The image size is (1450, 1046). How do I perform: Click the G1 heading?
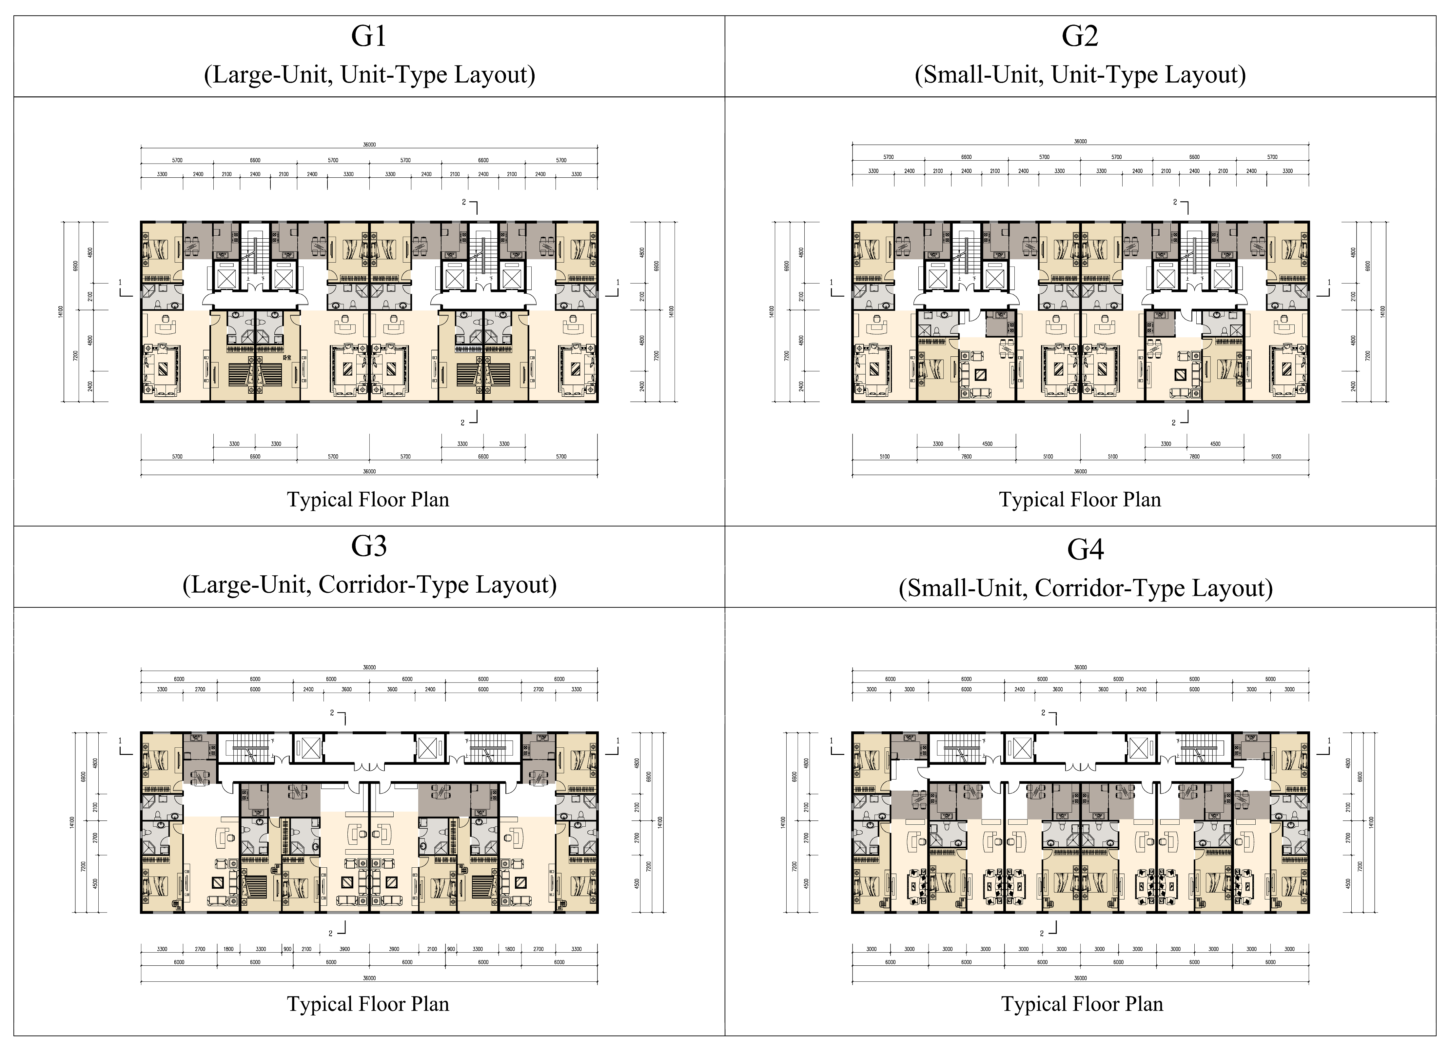click(369, 36)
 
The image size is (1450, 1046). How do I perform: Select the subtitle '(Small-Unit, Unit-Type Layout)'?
click(1080, 75)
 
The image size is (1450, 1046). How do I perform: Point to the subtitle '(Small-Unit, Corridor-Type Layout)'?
click(1085, 587)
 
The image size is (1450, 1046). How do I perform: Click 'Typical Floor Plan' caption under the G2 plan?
click(1080, 499)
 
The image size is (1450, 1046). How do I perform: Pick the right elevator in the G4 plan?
click(1141, 747)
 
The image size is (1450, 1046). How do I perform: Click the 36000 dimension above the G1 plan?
click(369, 145)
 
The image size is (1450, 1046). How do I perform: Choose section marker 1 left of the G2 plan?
click(832, 282)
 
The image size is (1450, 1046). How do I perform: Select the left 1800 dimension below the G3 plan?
click(228, 949)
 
